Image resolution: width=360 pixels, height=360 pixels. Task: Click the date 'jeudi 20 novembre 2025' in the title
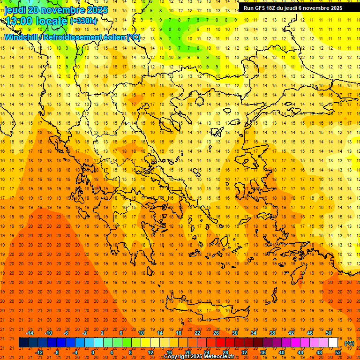[56, 10]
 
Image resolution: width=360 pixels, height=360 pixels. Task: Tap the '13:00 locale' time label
[37, 21]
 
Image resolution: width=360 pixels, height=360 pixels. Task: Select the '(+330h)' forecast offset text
[83, 21]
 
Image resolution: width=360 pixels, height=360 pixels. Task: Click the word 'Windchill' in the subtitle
[21, 37]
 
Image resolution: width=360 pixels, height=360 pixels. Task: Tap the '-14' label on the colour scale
[30, 333]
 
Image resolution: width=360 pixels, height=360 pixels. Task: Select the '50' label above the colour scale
[329, 333]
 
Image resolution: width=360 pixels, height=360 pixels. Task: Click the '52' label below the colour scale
[338, 352]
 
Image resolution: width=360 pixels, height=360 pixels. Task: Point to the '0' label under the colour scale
[93, 352]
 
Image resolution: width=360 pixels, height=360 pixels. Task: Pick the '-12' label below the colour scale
[39, 352]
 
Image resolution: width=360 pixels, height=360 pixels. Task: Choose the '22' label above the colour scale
[197, 333]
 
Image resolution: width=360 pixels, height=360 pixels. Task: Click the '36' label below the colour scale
[263, 352]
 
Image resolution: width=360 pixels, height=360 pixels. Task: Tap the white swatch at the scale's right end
[333, 343]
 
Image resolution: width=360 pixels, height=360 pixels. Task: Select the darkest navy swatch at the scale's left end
[24, 343]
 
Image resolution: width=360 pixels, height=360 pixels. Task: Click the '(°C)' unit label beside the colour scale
[349, 343]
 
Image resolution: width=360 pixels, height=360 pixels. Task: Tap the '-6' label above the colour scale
[66, 333]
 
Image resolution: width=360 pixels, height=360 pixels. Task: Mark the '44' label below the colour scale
[300, 352]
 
